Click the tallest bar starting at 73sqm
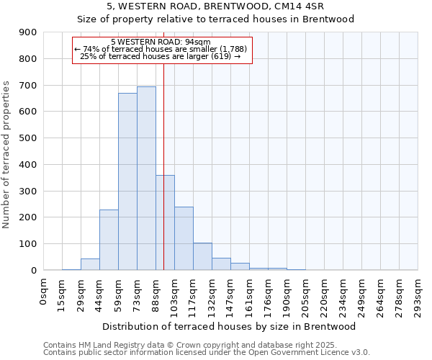146,178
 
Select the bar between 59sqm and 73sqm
127,181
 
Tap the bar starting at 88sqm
165,222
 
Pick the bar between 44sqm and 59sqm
109,240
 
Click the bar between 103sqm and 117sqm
184,238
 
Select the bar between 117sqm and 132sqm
202,256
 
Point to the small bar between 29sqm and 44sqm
90,264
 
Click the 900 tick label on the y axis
28,32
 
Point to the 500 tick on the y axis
28,138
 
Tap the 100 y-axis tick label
28,244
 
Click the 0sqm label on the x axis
44,291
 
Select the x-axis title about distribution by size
231,326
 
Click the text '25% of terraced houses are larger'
160,56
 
